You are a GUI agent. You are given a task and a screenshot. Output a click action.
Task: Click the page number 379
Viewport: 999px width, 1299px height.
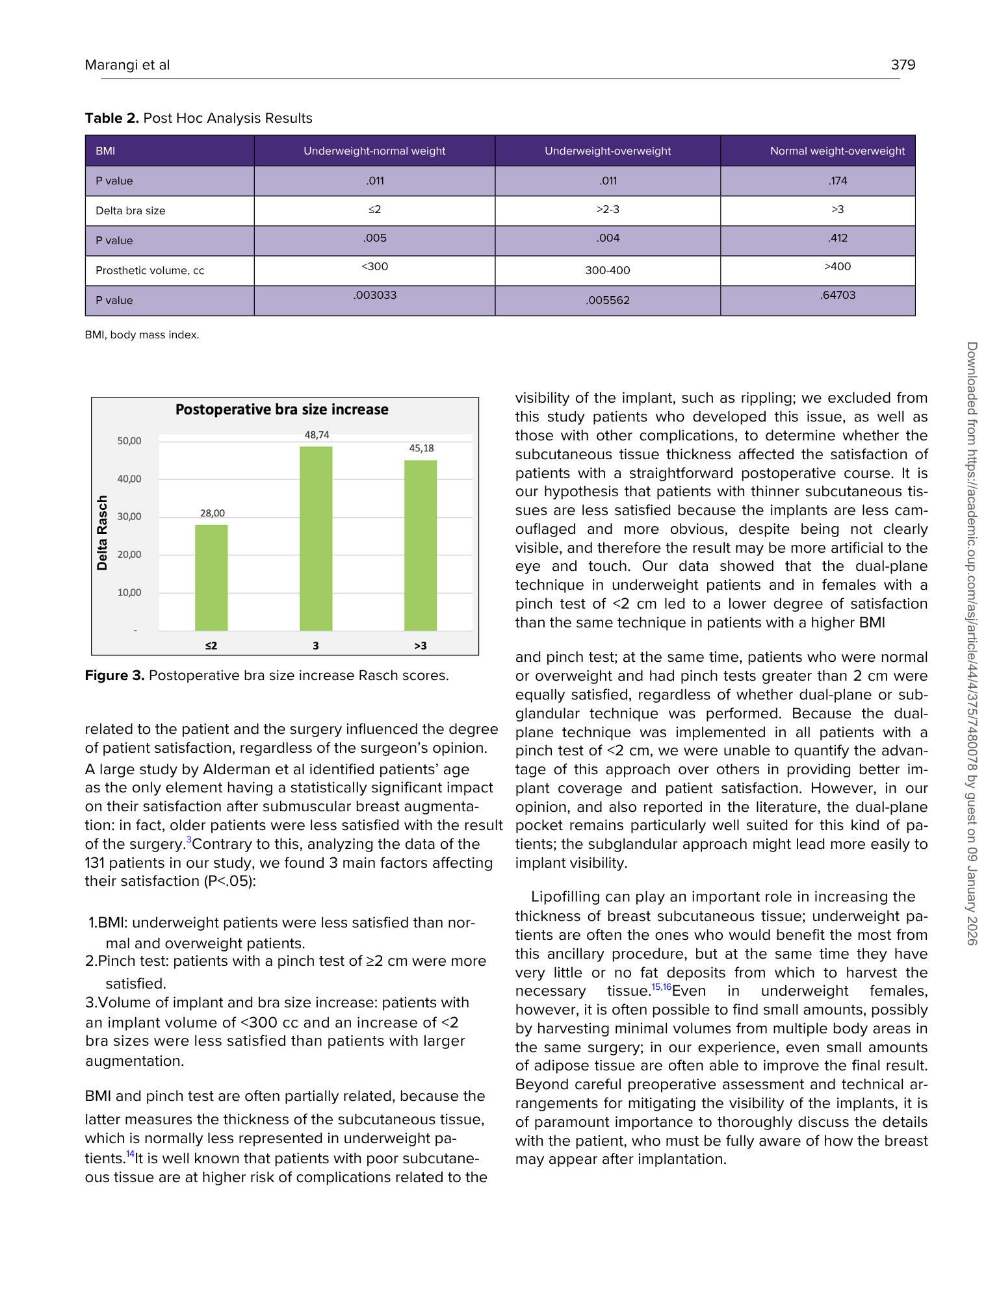(x=903, y=64)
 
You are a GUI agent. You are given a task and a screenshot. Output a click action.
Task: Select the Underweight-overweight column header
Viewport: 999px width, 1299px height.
(x=607, y=151)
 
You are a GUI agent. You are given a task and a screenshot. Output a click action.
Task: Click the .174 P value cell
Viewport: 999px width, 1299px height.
(x=837, y=181)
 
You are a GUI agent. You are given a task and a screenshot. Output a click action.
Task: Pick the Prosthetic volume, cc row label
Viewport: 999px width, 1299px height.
(x=149, y=270)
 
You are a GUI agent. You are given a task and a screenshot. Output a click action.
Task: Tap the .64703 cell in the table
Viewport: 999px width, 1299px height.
(x=837, y=295)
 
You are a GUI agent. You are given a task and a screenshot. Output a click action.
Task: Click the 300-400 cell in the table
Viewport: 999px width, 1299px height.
(x=607, y=270)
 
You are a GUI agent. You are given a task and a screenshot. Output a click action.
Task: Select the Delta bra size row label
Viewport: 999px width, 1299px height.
(x=130, y=210)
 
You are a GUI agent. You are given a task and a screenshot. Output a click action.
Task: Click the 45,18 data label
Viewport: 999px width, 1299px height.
(x=421, y=448)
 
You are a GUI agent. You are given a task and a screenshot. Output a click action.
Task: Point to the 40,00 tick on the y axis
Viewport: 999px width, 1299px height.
(x=129, y=479)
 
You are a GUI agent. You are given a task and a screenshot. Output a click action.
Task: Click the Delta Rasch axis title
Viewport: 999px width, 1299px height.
(x=102, y=533)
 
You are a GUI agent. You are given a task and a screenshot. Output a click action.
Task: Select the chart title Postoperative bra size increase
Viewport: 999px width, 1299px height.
(x=281, y=410)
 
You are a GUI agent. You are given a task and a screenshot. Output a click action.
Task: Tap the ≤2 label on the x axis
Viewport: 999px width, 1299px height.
(x=211, y=646)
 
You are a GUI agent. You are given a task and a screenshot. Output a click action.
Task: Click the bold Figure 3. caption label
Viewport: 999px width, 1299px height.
(x=114, y=675)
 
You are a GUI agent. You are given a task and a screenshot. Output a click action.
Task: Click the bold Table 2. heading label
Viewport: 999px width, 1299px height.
(x=112, y=118)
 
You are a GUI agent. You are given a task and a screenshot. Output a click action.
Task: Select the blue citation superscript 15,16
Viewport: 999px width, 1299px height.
(x=661, y=987)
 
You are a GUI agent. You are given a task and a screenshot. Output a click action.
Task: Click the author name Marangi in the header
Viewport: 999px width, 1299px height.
(x=108, y=64)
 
